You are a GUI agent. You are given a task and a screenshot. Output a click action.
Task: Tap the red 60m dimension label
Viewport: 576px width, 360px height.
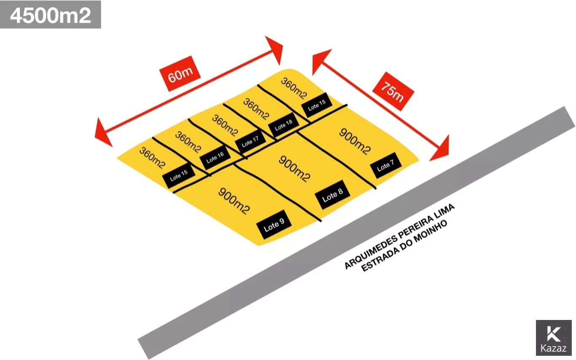pos(180,73)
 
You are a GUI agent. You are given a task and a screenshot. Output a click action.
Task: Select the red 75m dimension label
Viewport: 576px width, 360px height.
pos(393,91)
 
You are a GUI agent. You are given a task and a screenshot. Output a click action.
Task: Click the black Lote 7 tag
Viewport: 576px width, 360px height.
pos(386,165)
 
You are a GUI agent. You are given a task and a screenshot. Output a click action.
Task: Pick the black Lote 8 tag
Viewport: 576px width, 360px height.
pos(332,195)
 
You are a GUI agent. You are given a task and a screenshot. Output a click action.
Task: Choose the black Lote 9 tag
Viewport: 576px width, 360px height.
pos(274,225)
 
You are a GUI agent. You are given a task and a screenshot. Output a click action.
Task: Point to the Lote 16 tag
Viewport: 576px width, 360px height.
pos(215,157)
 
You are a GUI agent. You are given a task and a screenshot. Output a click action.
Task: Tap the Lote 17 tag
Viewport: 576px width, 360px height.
pos(250,142)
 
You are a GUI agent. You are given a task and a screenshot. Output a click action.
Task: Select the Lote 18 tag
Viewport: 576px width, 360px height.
pos(284,124)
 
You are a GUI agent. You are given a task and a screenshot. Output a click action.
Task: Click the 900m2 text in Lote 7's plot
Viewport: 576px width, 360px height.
pos(355,142)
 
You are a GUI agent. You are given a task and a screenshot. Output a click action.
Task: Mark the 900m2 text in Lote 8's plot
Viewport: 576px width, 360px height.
pos(295,169)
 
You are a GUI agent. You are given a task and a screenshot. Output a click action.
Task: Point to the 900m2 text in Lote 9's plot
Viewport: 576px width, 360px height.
pos(234,201)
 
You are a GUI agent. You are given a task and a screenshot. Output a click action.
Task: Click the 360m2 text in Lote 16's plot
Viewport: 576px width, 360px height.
pos(188,142)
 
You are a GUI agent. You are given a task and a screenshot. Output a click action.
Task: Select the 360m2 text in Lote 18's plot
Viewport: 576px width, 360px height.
pos(256,109)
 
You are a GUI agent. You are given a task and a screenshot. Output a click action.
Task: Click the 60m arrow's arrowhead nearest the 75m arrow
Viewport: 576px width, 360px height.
pos(276,50)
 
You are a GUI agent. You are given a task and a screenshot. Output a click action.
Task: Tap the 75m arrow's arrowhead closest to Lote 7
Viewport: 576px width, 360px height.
pos(441,150)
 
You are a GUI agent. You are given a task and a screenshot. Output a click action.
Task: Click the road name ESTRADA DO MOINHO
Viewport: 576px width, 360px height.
pos(404,245)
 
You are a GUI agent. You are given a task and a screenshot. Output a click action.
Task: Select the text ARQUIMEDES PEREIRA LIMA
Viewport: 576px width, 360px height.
pos(399,236)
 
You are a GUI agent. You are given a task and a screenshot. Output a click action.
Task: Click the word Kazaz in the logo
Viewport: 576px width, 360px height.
pos(553,348)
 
